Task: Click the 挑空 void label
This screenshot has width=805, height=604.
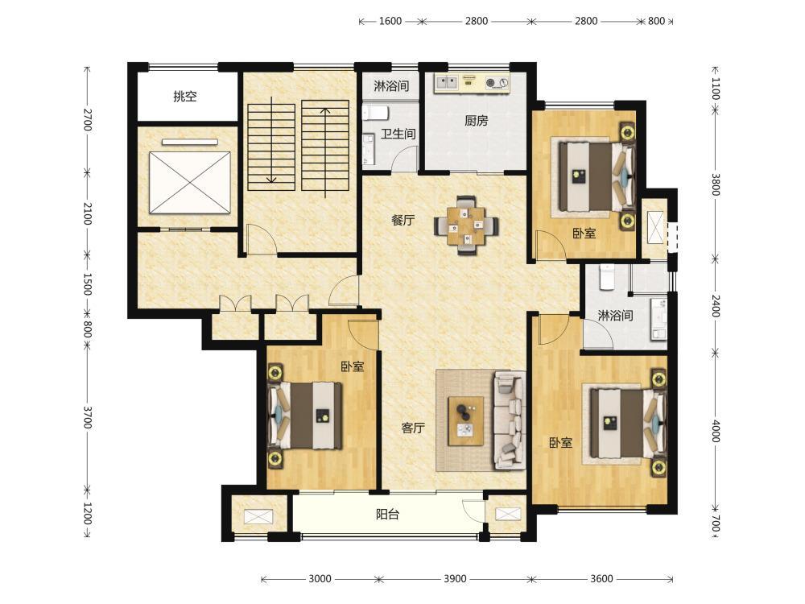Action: pyautogui.click(x=185, y=96)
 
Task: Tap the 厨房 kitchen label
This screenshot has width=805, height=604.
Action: pyautogui.click(x=476, y=121)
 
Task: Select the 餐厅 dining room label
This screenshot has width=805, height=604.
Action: pyautogui.click(x=402, y=221)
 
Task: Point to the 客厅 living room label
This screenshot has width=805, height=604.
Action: pyautogui.click(x=413, y=428)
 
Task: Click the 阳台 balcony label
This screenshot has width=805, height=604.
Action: pyautogui.click(x=387, y=514)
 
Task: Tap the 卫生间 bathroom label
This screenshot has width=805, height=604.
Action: pyautogui.click(x=398, y=134)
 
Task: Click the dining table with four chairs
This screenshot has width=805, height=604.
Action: pyautogui.click(x=466, y=225)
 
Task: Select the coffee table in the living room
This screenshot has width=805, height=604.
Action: pyautogui.click(x=465, y=420)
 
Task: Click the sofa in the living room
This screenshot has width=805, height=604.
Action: pyautogui.click(x=510, y=420)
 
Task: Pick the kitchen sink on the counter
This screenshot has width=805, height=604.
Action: pyautogui.click(x=446, y=81)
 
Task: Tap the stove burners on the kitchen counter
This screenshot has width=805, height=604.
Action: pyautogui.click(x=497, y=82)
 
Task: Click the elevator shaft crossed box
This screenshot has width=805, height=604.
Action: pyautogui.click(x=189, y=182)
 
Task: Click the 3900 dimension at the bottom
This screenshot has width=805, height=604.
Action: pyautogui.click(x=455, y=579)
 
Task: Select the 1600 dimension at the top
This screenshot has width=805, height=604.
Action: pyautogui.click(x=390, y=21)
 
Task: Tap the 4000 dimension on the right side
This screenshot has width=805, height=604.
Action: pyautogui.click(x=716, y=431)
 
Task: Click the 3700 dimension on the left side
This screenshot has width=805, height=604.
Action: pyautogui.click(x=87, y=417)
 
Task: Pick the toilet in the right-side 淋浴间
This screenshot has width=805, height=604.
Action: pyautogui.click(x=607, y=277)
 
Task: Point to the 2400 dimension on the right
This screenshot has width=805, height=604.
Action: pyautogui.click(x=716, y=306)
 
